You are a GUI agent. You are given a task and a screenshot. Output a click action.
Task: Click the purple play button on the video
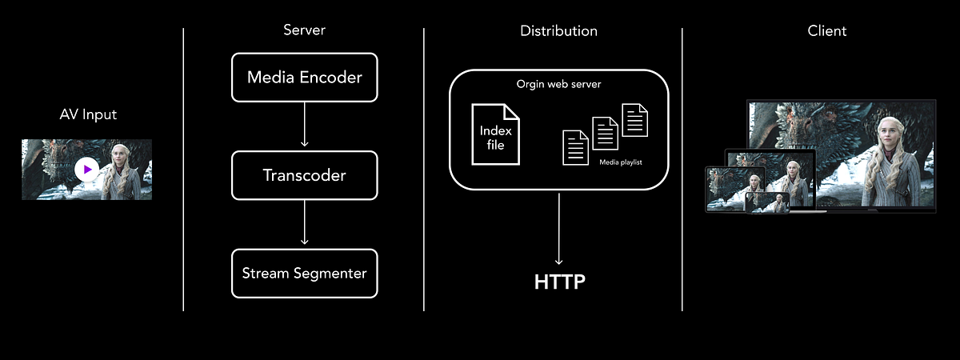tap(87, 170)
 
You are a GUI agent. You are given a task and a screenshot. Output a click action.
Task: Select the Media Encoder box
tap(304, 78)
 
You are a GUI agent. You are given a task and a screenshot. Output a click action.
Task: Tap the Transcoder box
tap(304, 175)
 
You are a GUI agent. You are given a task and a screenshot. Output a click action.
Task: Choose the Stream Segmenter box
tap(304, 274)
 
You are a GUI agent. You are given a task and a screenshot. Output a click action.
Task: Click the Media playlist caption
tap(621, 162)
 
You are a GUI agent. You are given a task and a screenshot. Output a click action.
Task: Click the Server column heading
tap(304, 30)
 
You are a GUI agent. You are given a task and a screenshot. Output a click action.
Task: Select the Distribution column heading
tap(558, 31)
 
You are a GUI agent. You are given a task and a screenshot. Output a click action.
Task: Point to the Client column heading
tap(827, 31)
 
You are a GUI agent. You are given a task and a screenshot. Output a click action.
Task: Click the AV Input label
tap(88, 114)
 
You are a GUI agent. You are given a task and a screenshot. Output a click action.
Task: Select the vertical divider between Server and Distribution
tap(424, 168)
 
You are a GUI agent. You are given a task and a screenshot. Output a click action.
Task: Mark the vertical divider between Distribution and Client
tap(682, 168)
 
